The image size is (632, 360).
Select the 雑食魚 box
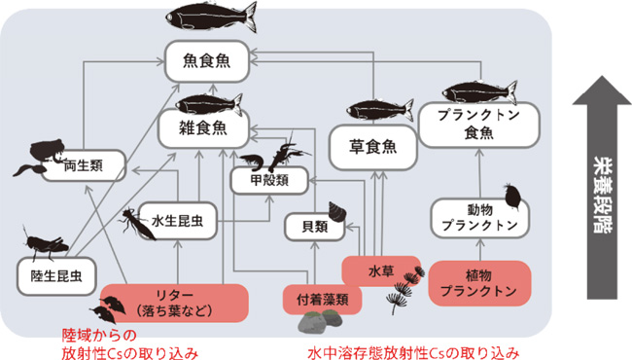coord(202,127)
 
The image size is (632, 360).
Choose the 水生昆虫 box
coord(177,220)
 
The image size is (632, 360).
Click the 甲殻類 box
coord(269,180)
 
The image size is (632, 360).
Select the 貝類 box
coord(314,226)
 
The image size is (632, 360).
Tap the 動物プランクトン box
coord(478,217)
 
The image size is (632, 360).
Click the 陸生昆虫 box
coord(56,275)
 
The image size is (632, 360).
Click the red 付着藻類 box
coord(322,299)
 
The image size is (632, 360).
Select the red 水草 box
coord(381,269)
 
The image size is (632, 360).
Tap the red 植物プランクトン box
coord(479,281)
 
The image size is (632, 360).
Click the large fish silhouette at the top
coord(212,16)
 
